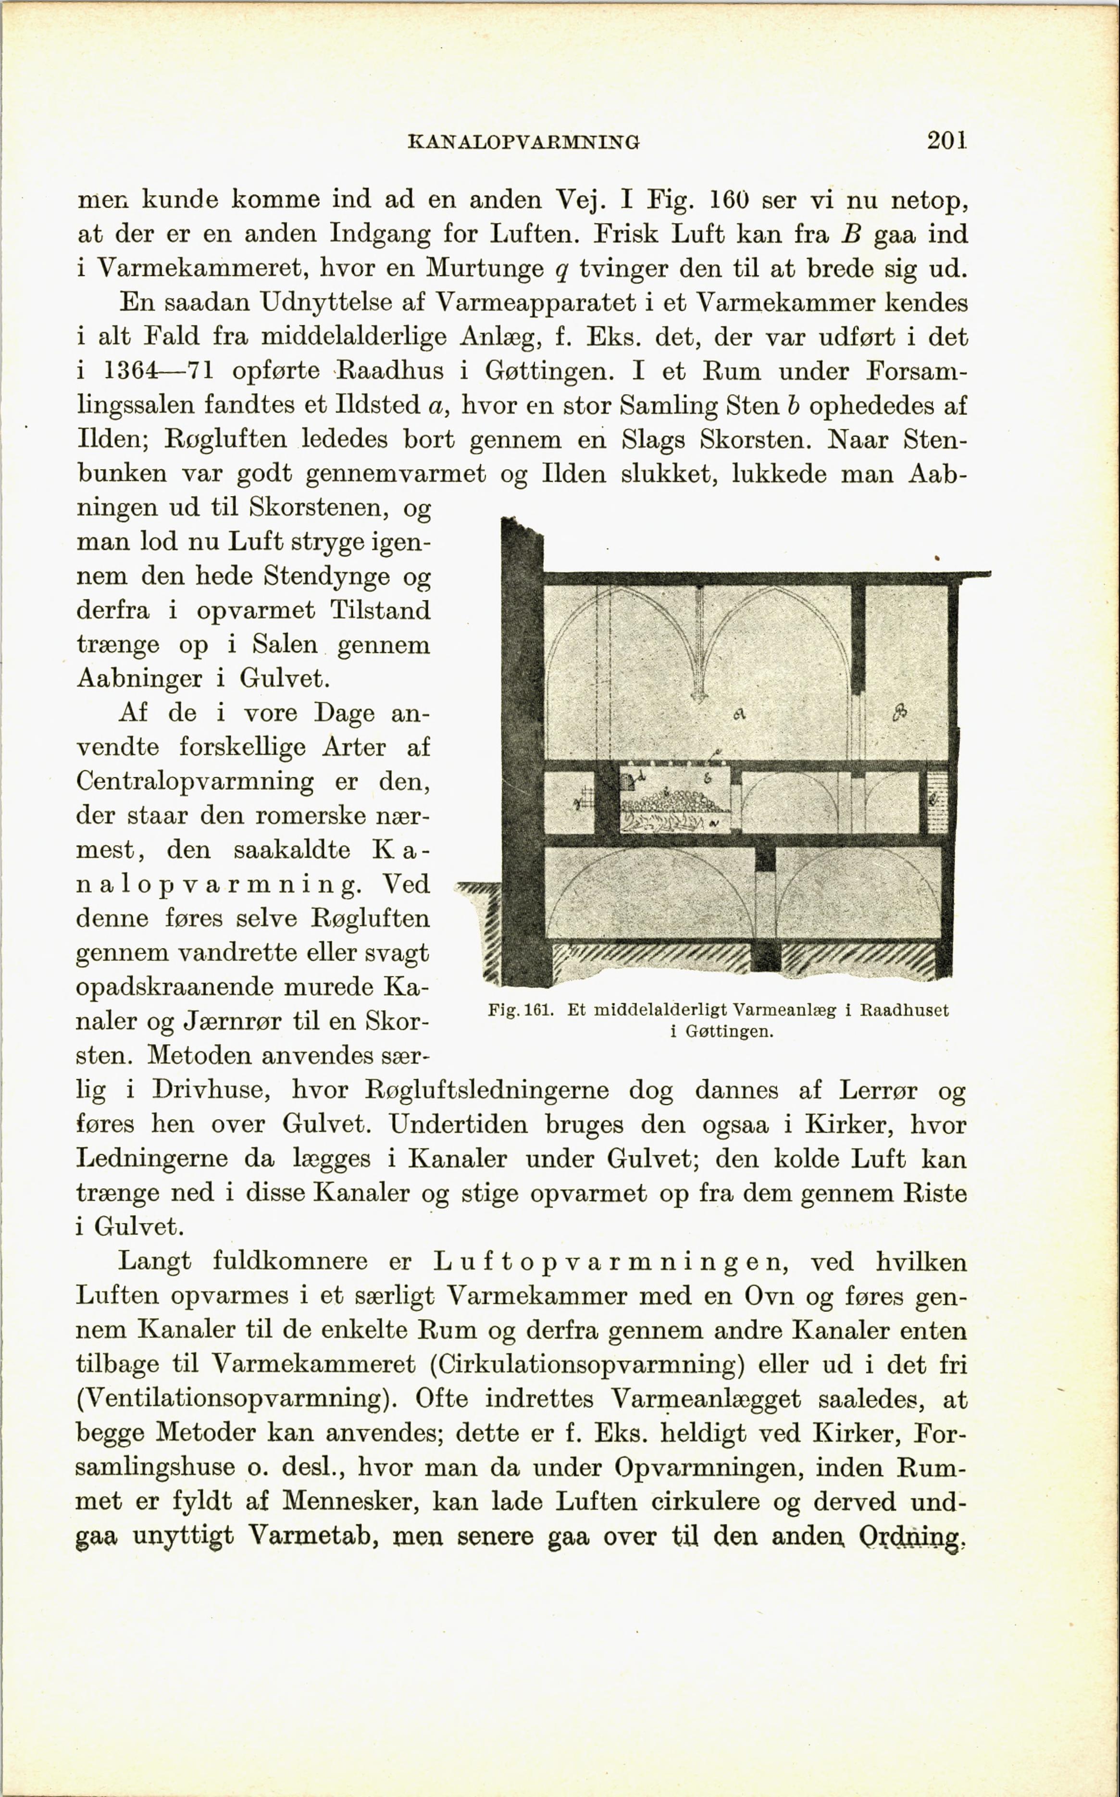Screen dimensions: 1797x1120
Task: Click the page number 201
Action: coord(946,140)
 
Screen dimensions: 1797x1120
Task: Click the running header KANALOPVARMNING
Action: coord(523,141)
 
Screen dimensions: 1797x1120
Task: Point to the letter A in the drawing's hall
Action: coord(738,713)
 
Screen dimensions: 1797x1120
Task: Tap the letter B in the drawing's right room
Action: coord(900,712)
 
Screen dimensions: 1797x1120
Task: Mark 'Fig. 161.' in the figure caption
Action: coord(521,1011)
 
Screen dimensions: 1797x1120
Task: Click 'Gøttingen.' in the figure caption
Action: coord(730,1031)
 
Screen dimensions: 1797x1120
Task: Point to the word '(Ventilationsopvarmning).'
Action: coord(237,1398)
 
